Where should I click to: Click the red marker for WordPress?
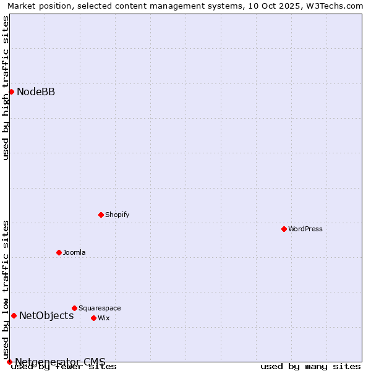click(x=284, y=229)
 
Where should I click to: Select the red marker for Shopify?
click(x=101, y=215)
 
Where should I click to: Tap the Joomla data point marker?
click(x=59, y=252)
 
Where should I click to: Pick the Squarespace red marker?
click(x=74, y=308)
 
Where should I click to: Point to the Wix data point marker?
click(x=93, y=318)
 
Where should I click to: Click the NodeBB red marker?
click(x=11, y=92)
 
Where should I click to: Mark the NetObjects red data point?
click(x=14, y=315)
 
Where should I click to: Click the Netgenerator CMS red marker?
click(x=9, y=362)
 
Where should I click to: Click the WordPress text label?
click(x=305, y=229)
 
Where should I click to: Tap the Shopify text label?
click(x=117, y=215)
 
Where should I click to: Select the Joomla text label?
click(x=74, y=252)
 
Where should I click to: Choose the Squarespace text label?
click(x=100, y=308)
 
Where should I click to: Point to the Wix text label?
click(x=104, y=318)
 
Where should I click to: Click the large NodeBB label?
click(x=36, y=92)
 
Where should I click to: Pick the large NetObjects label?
click(x=46, y=316)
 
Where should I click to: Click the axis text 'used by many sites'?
click(x=310, y=367)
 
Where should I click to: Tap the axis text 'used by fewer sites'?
click(x=64, y=367)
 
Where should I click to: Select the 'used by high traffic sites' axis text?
click(x=6, y=88)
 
